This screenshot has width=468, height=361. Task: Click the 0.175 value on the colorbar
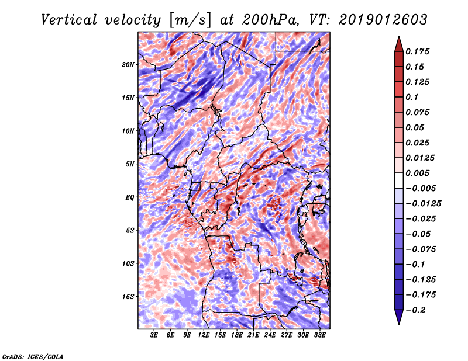point(419,51)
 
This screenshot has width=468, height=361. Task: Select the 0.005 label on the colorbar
point(419,173)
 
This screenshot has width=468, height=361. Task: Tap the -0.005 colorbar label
point(421,188)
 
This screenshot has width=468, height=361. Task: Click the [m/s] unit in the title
point(188,20)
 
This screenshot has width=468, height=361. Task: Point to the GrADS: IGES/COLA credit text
point(32,355)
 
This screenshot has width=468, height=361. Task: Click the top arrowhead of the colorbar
point(398,43)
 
